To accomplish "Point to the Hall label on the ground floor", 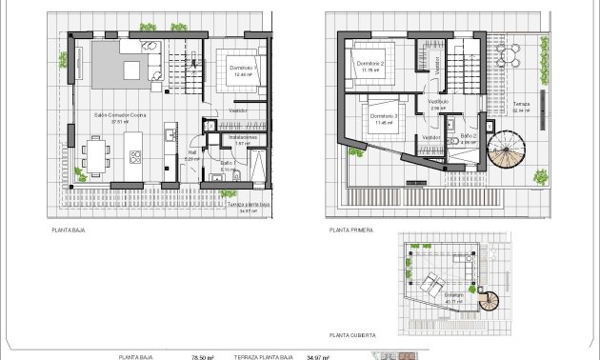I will [x=191, y=150].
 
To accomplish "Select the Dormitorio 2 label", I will [x=370, y=63].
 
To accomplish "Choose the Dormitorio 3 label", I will [x=383, y=116].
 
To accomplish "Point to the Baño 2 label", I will [x=468, y=136].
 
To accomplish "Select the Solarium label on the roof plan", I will [x=453, y=295].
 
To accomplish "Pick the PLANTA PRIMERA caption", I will [x=350, y=230].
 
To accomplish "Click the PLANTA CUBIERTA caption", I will [x=351, y=335].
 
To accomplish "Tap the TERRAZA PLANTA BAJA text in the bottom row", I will [x=262, y=357].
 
